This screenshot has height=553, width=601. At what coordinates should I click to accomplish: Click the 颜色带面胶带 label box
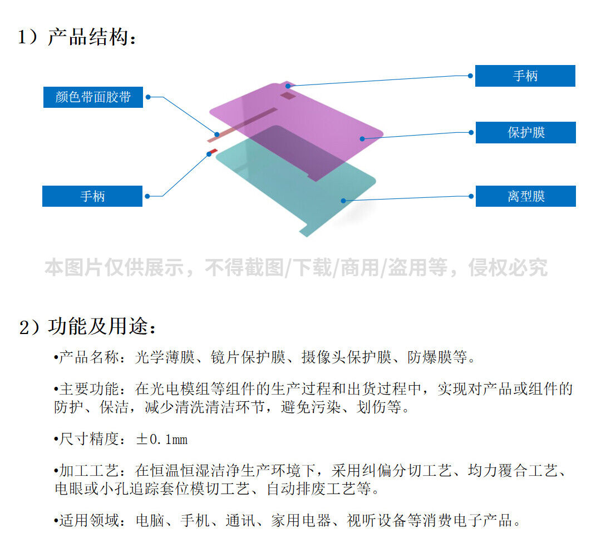[93, 97]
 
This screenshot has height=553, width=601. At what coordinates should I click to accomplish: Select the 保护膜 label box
[525, 133]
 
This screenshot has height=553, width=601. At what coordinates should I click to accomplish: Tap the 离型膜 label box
[525, 196]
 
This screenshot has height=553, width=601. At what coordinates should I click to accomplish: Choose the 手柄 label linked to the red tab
[92, 196]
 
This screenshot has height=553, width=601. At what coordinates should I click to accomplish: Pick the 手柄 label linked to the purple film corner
[525, 76]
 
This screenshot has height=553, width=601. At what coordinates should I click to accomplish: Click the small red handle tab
[211, 151]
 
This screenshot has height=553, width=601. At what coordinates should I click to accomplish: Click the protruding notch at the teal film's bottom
[305, 230]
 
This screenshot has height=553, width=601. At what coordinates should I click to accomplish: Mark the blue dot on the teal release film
[344, 201]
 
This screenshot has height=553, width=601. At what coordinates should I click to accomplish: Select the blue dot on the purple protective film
[362, 138]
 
